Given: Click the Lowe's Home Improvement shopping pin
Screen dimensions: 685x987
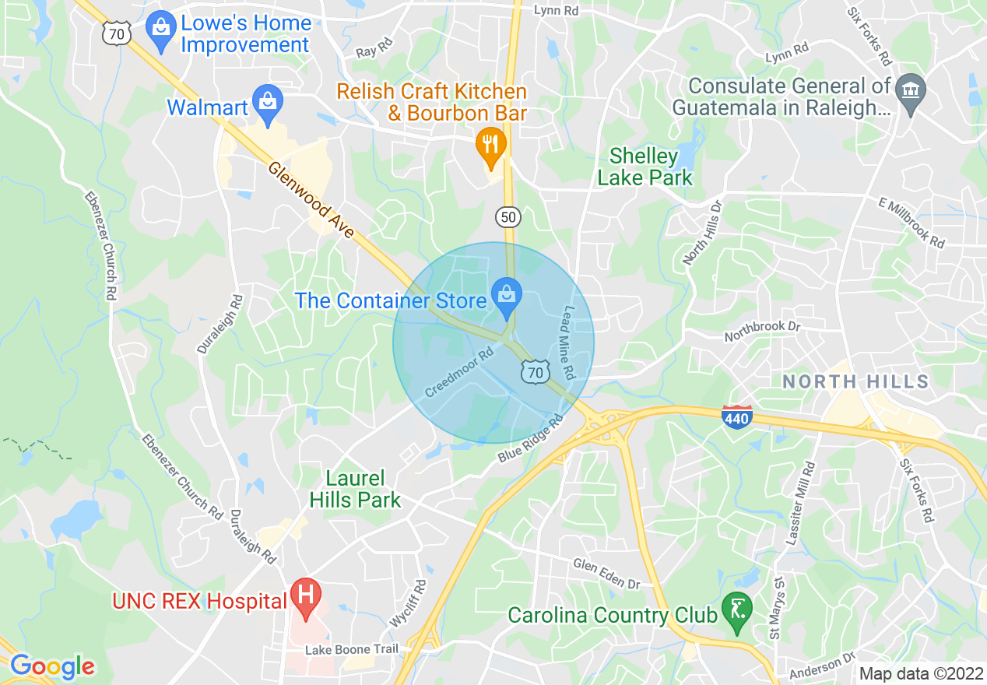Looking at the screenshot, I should click(162, 30).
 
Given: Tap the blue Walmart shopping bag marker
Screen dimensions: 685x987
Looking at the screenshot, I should click(268, 104).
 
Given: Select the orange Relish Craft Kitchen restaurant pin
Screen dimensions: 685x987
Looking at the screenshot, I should click(490, 146).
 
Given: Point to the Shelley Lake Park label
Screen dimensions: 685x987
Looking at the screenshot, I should click(645, 167).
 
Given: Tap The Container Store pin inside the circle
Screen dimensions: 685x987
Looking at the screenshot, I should click(507, 297).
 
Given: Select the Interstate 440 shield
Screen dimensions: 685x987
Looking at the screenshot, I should click(736, 418).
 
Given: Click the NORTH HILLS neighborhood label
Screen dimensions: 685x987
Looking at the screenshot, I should click(855, 381).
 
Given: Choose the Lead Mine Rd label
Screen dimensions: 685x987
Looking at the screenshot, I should click(567, 342).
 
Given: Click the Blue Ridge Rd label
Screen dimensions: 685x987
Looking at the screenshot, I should click(531, 441).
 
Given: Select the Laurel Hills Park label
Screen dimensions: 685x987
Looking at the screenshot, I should click(355, 489).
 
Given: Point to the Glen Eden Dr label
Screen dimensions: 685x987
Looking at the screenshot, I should click(606, 574).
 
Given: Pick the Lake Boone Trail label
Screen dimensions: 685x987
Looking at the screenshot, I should click(351, 649).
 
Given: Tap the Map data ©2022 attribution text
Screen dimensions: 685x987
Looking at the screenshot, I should click(919, 673).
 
